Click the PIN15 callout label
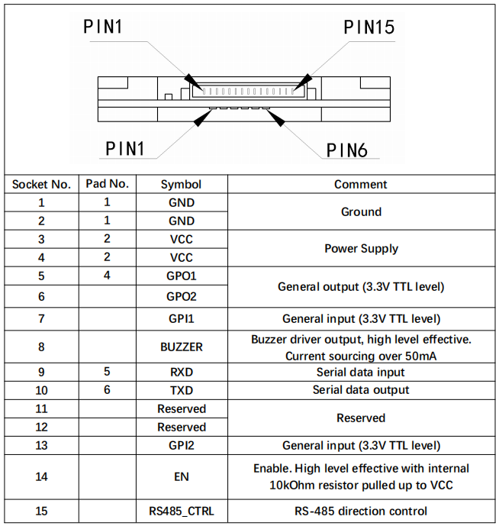coord(369,28)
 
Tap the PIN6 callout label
coord(347,150)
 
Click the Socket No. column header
coord(42,184)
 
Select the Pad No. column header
coord(107,184)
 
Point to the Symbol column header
coord(181,184)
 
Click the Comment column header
coord(360,184)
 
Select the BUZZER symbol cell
coord(181,347)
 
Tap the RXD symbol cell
coord(181,373)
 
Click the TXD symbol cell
coord(181,390)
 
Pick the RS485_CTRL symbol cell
coord(181,511)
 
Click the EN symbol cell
coord(181,477)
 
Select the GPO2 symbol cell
coord(181,296)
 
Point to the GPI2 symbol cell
coord(181,446)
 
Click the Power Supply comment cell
coord(360,248)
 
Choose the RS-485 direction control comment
coord(360,511)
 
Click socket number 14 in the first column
coord(42,477)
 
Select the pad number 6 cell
coord(107,390)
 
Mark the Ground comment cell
coord(360,211)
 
